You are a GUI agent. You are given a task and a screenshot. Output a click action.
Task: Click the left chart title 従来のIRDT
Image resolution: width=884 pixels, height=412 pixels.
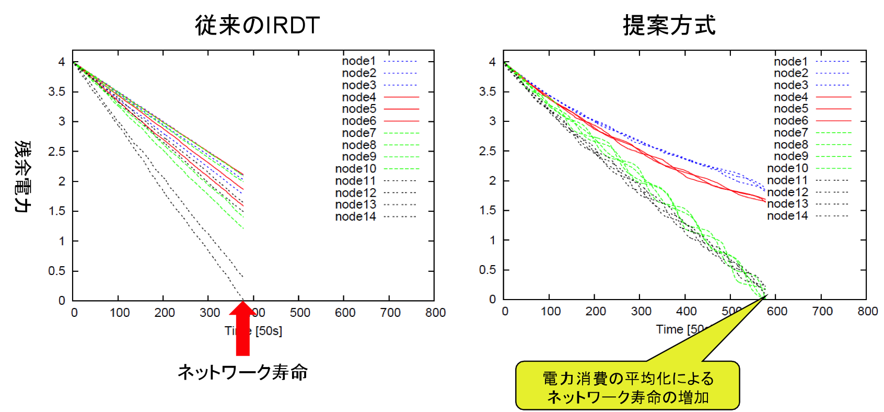tap(257, 25)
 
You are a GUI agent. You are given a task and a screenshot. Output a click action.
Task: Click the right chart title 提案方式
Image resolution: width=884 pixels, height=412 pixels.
tap(669, 25)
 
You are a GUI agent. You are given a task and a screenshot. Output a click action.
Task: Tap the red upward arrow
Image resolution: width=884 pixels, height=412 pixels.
tap(242, 327)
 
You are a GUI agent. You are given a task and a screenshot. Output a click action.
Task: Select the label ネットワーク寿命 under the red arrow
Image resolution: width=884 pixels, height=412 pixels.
tap(242, 372)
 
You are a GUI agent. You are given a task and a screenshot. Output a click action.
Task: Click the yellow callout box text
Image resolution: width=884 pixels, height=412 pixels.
tap(627, 387)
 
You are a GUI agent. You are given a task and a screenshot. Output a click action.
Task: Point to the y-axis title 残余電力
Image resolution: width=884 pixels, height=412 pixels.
tap(22, 176)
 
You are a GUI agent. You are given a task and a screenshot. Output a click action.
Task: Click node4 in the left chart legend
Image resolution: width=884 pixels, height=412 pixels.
tap(359, 97)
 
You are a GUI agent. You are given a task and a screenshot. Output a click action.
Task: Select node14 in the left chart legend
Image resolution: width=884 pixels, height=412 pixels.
tap(355, 216)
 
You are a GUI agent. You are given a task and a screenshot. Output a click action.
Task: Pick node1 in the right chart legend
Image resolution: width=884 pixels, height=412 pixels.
tap(790, 62)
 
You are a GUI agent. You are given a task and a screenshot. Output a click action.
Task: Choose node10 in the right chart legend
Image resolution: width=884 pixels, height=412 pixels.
tap(787, 168)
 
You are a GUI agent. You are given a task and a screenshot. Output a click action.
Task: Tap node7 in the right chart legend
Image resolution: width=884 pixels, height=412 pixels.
tap(790, 133)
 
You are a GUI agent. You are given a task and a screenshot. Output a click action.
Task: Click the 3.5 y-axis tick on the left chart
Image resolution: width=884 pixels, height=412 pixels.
tap(57, 92)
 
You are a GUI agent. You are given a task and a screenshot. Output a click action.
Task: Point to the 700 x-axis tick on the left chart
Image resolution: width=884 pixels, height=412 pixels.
tap(390, 313)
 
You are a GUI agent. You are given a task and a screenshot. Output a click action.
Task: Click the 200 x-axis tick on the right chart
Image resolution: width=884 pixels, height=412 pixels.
tap(596, 312)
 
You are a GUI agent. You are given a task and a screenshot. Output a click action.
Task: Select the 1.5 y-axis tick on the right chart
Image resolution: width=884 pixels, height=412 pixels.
tap(487, 210)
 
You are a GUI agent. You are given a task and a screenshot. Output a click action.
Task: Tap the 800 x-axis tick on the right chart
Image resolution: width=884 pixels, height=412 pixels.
tap(867, 312)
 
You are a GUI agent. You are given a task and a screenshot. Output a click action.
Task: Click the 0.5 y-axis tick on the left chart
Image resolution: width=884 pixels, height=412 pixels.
tap(57, 271)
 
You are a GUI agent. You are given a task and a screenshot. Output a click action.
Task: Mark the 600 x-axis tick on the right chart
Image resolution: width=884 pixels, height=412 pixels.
tap(777, 312)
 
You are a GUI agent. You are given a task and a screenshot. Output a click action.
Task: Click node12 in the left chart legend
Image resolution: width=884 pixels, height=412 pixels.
tap(355, 193)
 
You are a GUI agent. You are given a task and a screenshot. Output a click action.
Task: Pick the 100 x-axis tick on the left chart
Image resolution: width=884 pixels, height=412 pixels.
tap(120, 313)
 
